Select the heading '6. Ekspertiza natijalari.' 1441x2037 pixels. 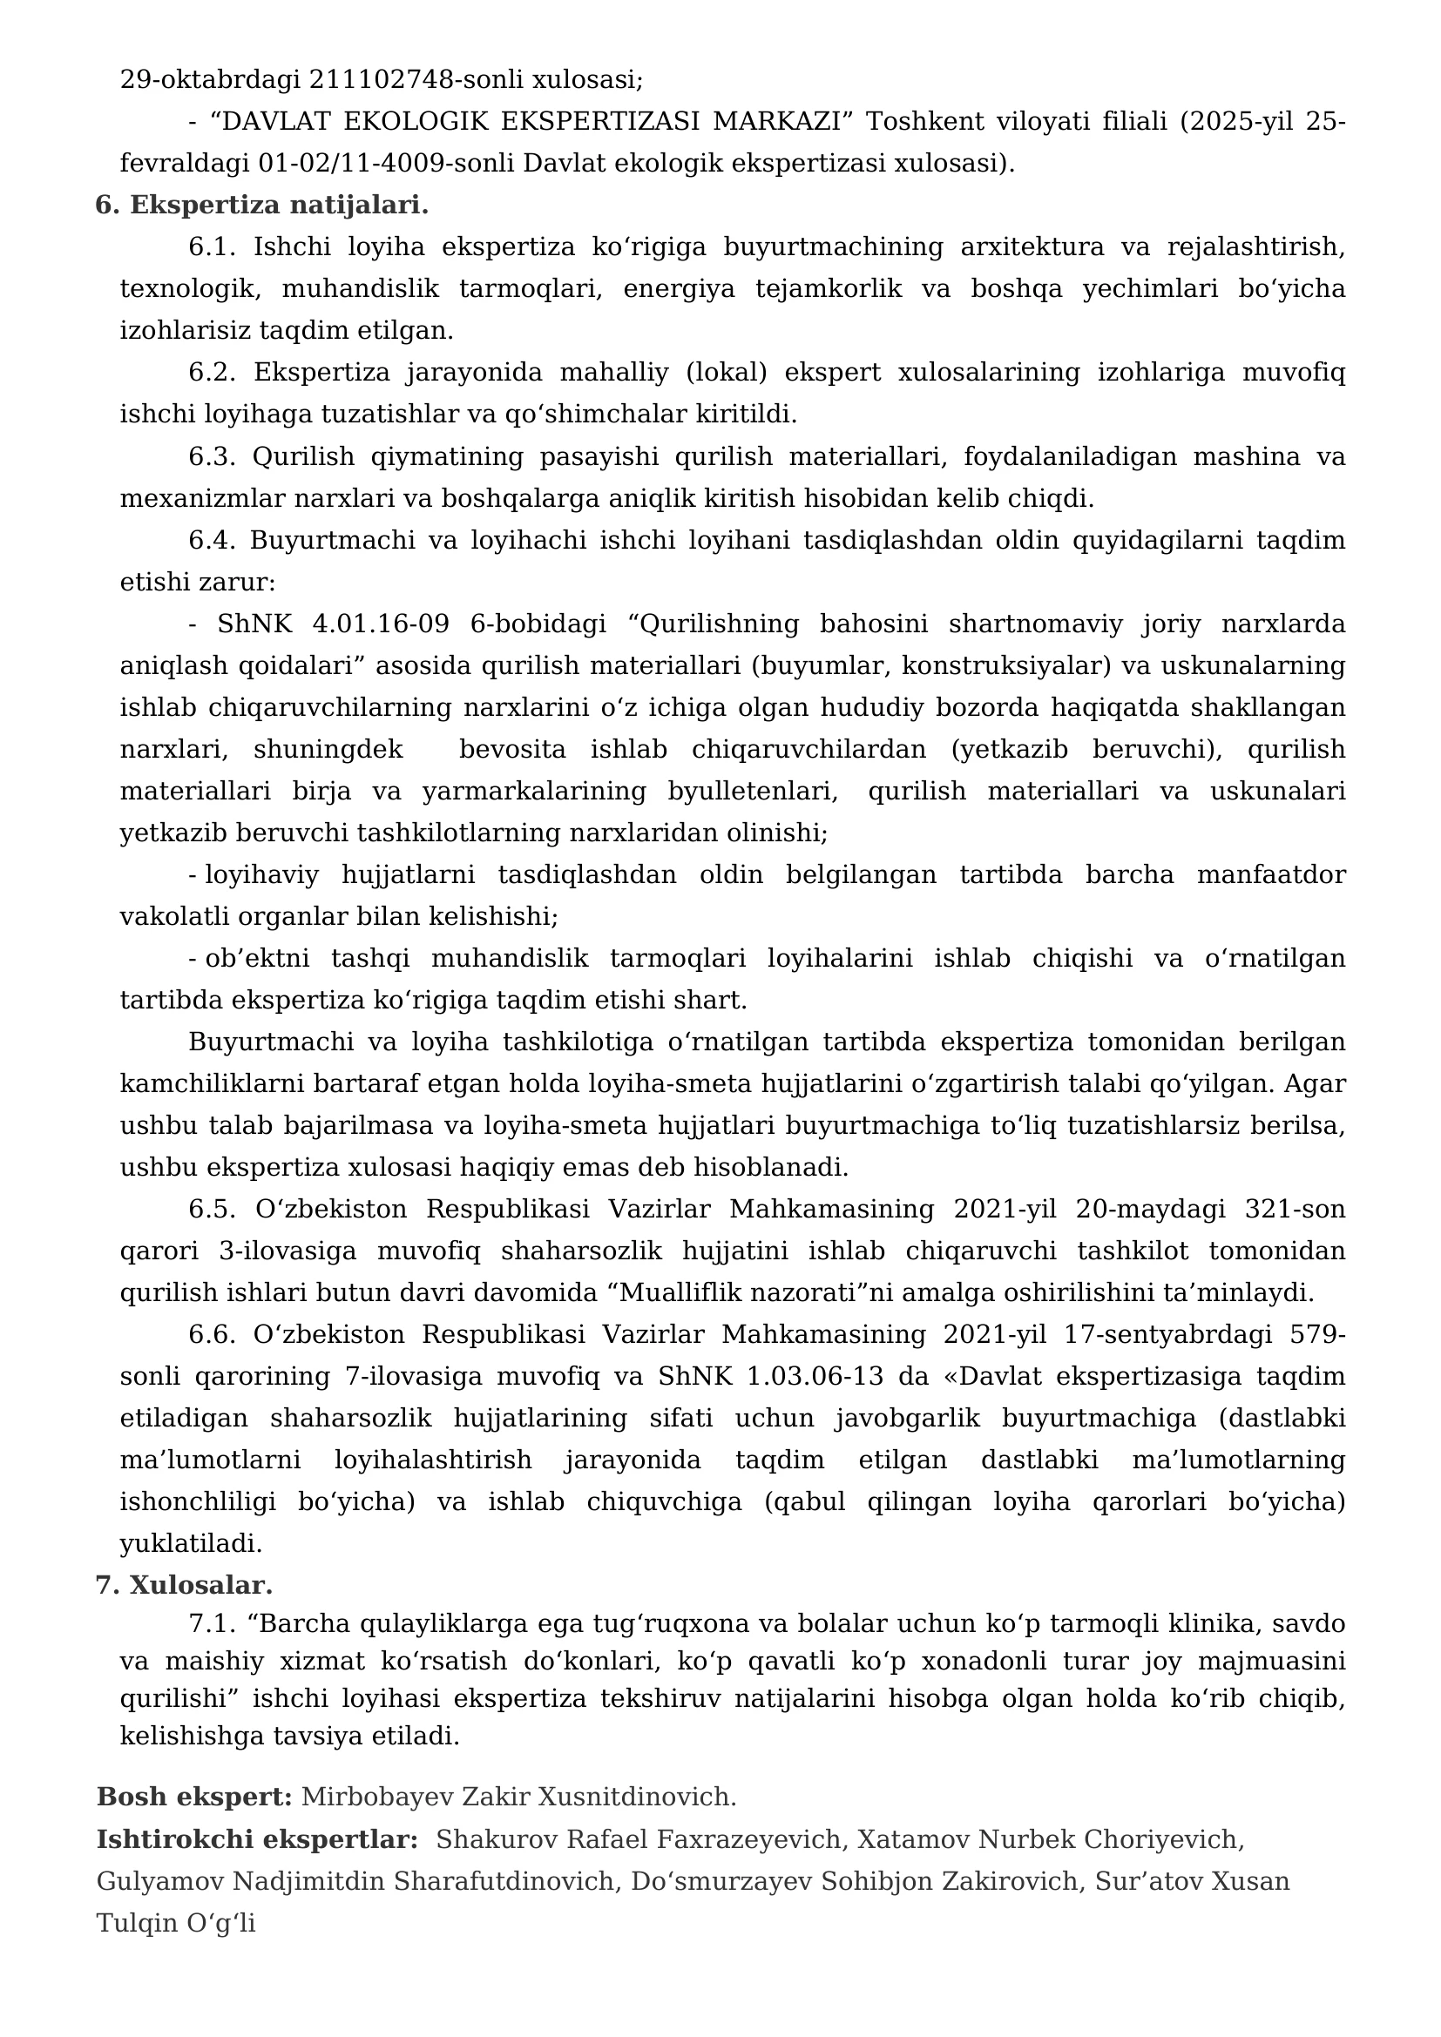pos(261,205)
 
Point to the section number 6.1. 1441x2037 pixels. pos(211,246)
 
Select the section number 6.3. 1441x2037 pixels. pos(211,457)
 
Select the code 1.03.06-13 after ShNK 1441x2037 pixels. pos(815,1376)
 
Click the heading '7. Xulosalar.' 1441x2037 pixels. pos(184,1584)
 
